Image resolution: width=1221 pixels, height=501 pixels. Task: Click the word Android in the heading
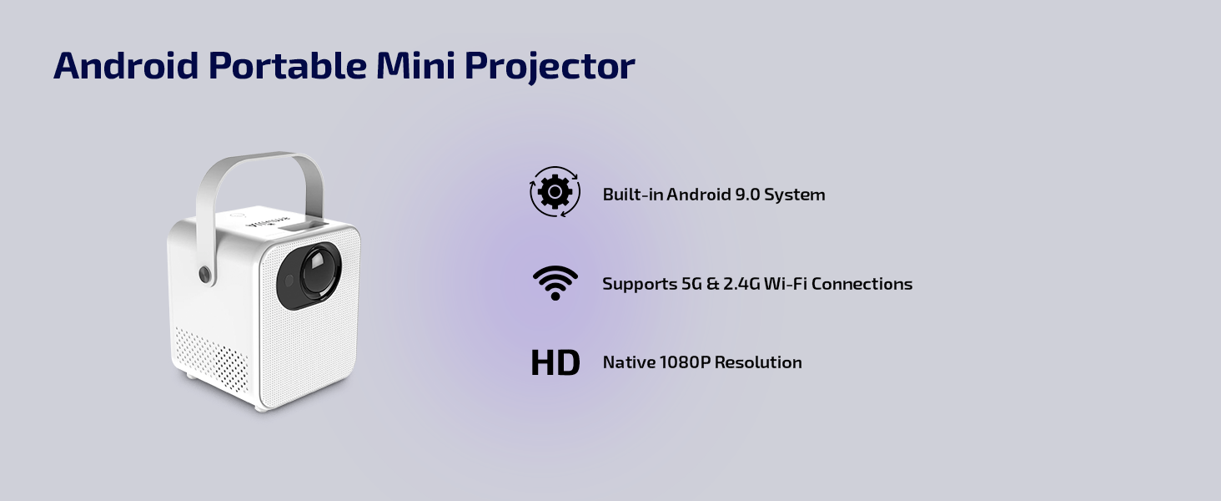[x=126, y=65]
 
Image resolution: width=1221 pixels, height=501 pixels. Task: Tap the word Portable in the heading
[x=288, y=65]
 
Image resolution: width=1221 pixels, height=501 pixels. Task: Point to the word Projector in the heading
[x=550, y=68]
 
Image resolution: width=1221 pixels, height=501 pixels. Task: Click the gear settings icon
[x=555, y=191]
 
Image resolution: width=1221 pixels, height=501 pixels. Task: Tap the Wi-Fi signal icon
[x=555, y=283]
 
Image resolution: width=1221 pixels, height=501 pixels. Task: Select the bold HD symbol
[x=555, y=363]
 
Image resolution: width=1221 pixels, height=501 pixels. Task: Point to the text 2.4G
[x=741, y=284]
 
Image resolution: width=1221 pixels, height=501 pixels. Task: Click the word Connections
[x=862, y=284]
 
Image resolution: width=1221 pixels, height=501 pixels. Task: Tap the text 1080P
[x=685, y=362]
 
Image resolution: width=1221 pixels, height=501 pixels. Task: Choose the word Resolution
[x=758, y=362]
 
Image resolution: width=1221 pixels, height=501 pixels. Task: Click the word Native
[x=629, y=362]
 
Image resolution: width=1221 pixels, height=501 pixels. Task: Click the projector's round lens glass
[x=320, y=271]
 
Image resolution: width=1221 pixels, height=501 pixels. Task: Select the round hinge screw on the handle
[x=205, y=274]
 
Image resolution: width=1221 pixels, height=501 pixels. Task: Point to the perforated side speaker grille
[x=212, y=361]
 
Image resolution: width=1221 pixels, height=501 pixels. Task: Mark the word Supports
[x=640, y=285]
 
